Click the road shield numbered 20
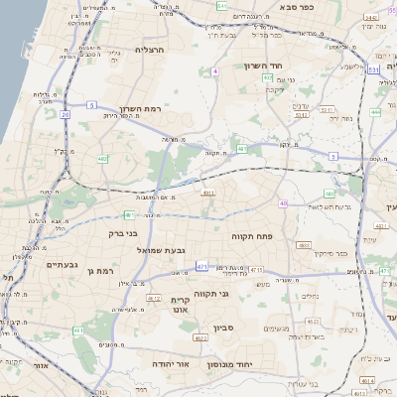[65, 115]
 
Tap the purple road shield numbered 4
[214, 71]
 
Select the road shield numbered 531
[372, 70]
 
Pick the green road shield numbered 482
[103, 158]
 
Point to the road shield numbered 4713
[257, 270]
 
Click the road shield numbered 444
[375, 112]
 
